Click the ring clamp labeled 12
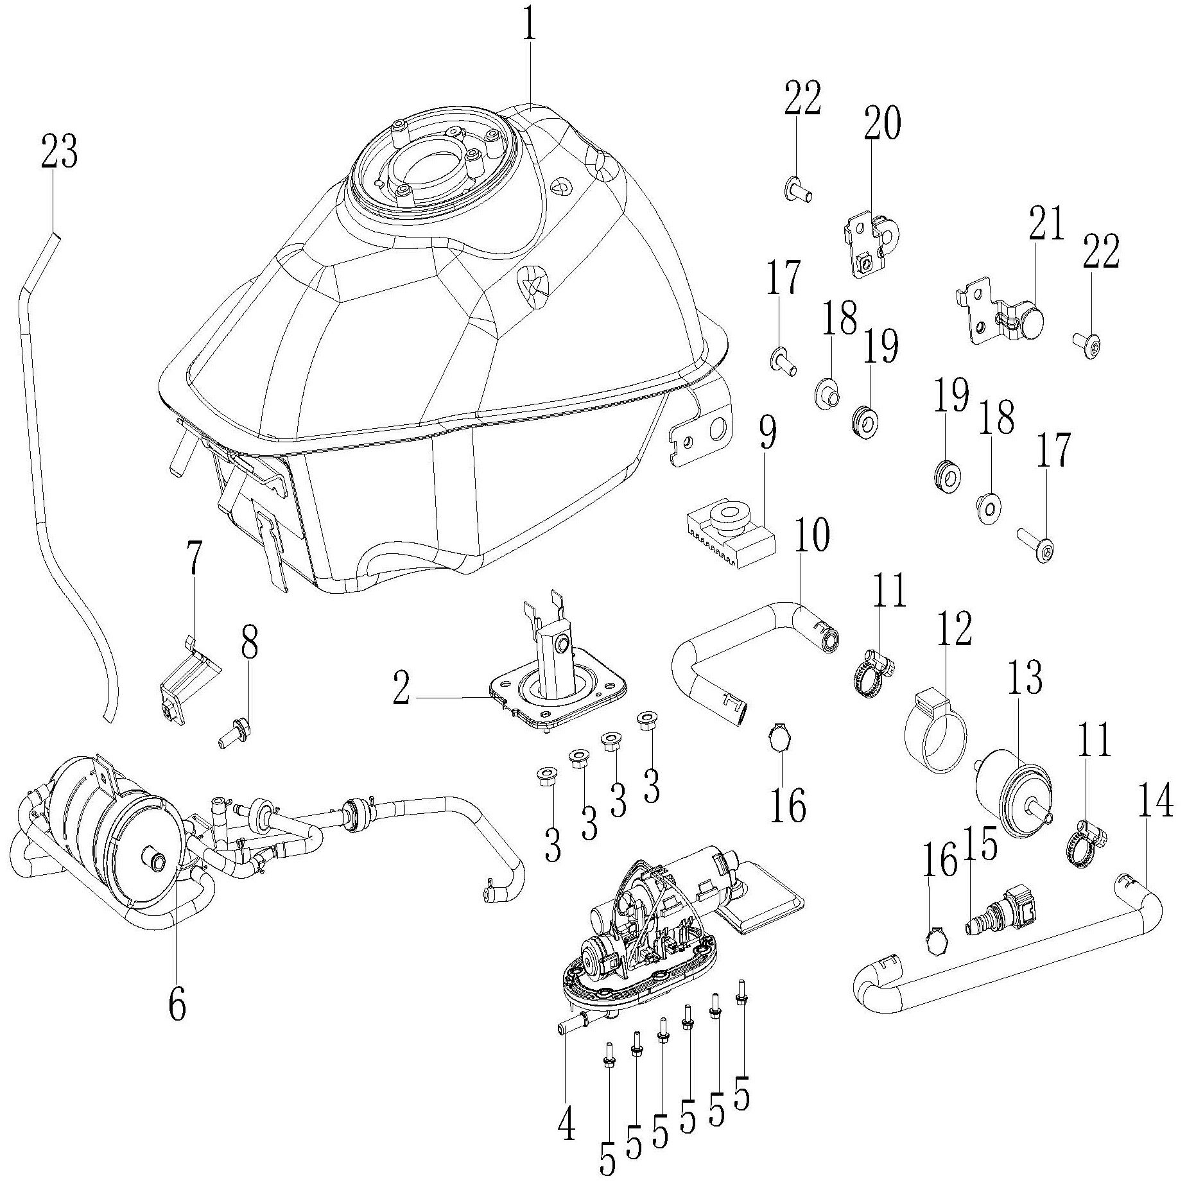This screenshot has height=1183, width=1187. [x=935, y=732]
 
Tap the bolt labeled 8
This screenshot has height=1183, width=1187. [x=234, y=734]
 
